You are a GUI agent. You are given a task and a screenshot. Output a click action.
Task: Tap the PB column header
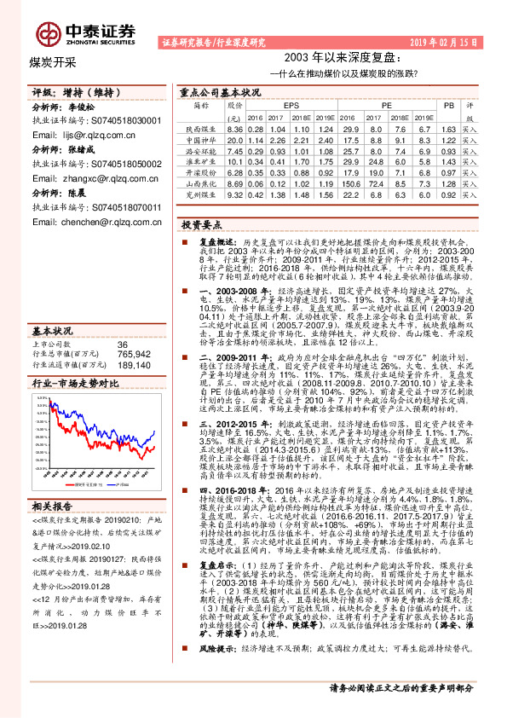(x=450, y=105)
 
